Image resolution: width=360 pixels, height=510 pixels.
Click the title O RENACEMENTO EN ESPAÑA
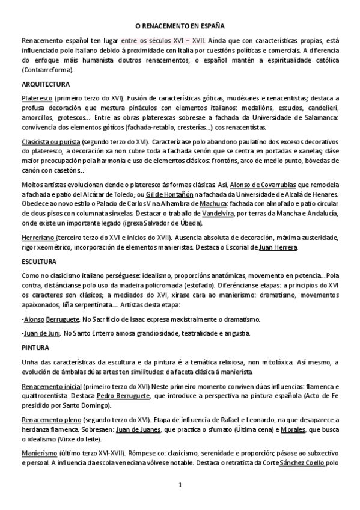(x=179, y=26)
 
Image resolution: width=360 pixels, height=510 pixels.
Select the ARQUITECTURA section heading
(x=45, y=84)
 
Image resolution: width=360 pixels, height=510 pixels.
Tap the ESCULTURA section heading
(x=39, y=262)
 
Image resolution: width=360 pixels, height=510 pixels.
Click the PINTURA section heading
(x=35, y=348)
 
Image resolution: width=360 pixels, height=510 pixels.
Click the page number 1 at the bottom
(x=179, y=485)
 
